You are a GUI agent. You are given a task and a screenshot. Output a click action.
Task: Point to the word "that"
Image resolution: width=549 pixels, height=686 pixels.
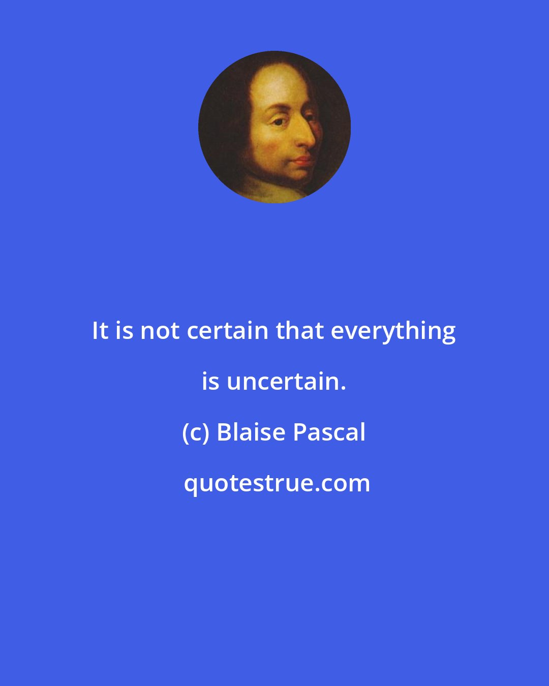[x=299, y=331]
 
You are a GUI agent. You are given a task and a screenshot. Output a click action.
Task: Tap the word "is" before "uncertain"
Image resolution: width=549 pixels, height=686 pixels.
[x=210, y=382]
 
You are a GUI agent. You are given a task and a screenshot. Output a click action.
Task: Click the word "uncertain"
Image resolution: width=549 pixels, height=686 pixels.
[x=282, y=382]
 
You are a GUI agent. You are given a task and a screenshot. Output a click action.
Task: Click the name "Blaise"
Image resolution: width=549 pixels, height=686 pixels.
[x=251, y=432]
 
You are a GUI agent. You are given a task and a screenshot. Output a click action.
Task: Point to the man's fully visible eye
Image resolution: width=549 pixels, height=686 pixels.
[x=278, y=122]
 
